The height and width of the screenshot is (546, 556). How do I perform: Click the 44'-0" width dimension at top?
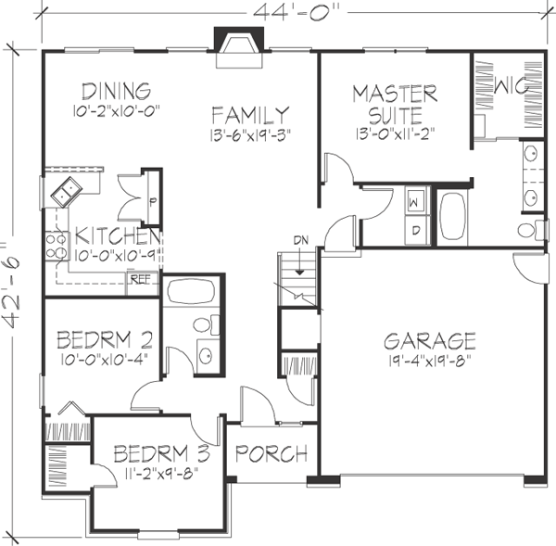pyautogui.click(x=288, y=11)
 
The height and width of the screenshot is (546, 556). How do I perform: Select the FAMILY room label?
pyautogui.click(x=249, y=115)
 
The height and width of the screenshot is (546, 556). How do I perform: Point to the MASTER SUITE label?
pyautogui.click(x=394, y=104)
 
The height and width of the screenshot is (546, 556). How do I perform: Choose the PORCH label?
pyautogui.click(x=270, y=454)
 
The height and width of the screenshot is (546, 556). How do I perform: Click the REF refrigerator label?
pyautogui.click(x=140, y=277)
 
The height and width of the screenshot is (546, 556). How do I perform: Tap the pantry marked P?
pyautogui.click(x=150, y=200)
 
